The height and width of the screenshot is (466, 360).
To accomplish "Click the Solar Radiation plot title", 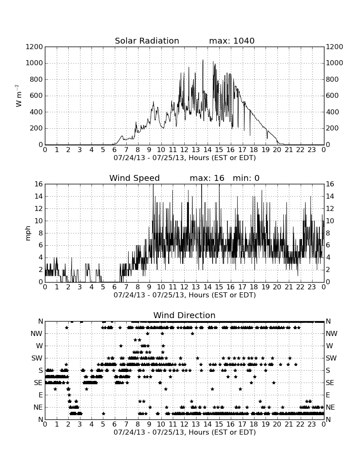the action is pos(147,41).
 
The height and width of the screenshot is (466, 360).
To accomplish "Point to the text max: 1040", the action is pos(232,41).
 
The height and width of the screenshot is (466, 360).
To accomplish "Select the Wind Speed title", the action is pos(135,178).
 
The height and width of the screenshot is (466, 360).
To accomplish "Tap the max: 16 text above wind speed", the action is pos(207,178).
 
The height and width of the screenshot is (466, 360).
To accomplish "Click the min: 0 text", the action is pos(246,178).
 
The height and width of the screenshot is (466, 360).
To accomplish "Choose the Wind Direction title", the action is pos(184,315).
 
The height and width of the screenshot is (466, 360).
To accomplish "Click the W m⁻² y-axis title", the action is pos(18,96).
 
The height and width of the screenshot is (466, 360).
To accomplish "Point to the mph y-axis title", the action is pos(28,233).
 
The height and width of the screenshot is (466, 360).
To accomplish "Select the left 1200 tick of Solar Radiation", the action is pos(34,47).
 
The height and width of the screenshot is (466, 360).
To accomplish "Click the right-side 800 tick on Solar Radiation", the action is pos(332,79).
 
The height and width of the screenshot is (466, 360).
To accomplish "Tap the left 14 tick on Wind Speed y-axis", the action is pos(39,197).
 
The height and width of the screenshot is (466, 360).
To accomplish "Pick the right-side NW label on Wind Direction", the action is pos(332,334).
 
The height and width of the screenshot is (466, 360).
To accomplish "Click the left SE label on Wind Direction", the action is pos(38,383).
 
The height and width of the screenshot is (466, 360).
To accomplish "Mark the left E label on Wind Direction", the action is pos(41,395).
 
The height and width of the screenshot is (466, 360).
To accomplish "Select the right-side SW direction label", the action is pos(331,358).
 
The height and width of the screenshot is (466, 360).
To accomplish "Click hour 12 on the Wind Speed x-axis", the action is pos(184,287).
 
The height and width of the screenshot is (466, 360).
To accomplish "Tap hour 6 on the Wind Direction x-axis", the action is pos(115,424).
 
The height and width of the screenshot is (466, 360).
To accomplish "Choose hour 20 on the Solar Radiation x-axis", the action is pos(277,150).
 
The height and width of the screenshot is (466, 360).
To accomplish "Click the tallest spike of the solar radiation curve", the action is pos(203,60).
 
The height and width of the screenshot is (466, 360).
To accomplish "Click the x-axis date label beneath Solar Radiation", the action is pos(185,158).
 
